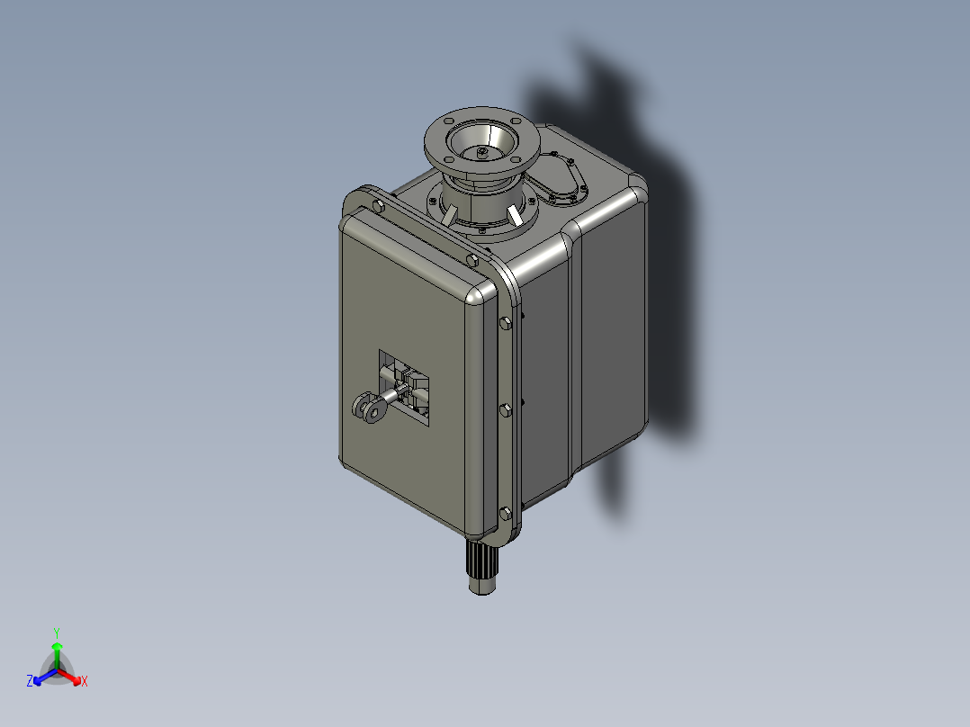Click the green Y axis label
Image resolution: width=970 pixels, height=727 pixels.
point(57,633)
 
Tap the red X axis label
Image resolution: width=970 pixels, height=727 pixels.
point(85,682)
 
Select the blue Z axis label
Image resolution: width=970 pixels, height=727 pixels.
point(30,682)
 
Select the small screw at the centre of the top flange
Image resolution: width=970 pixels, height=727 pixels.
point(482,153)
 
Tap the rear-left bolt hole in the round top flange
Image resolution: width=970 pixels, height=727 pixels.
point(447,121)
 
